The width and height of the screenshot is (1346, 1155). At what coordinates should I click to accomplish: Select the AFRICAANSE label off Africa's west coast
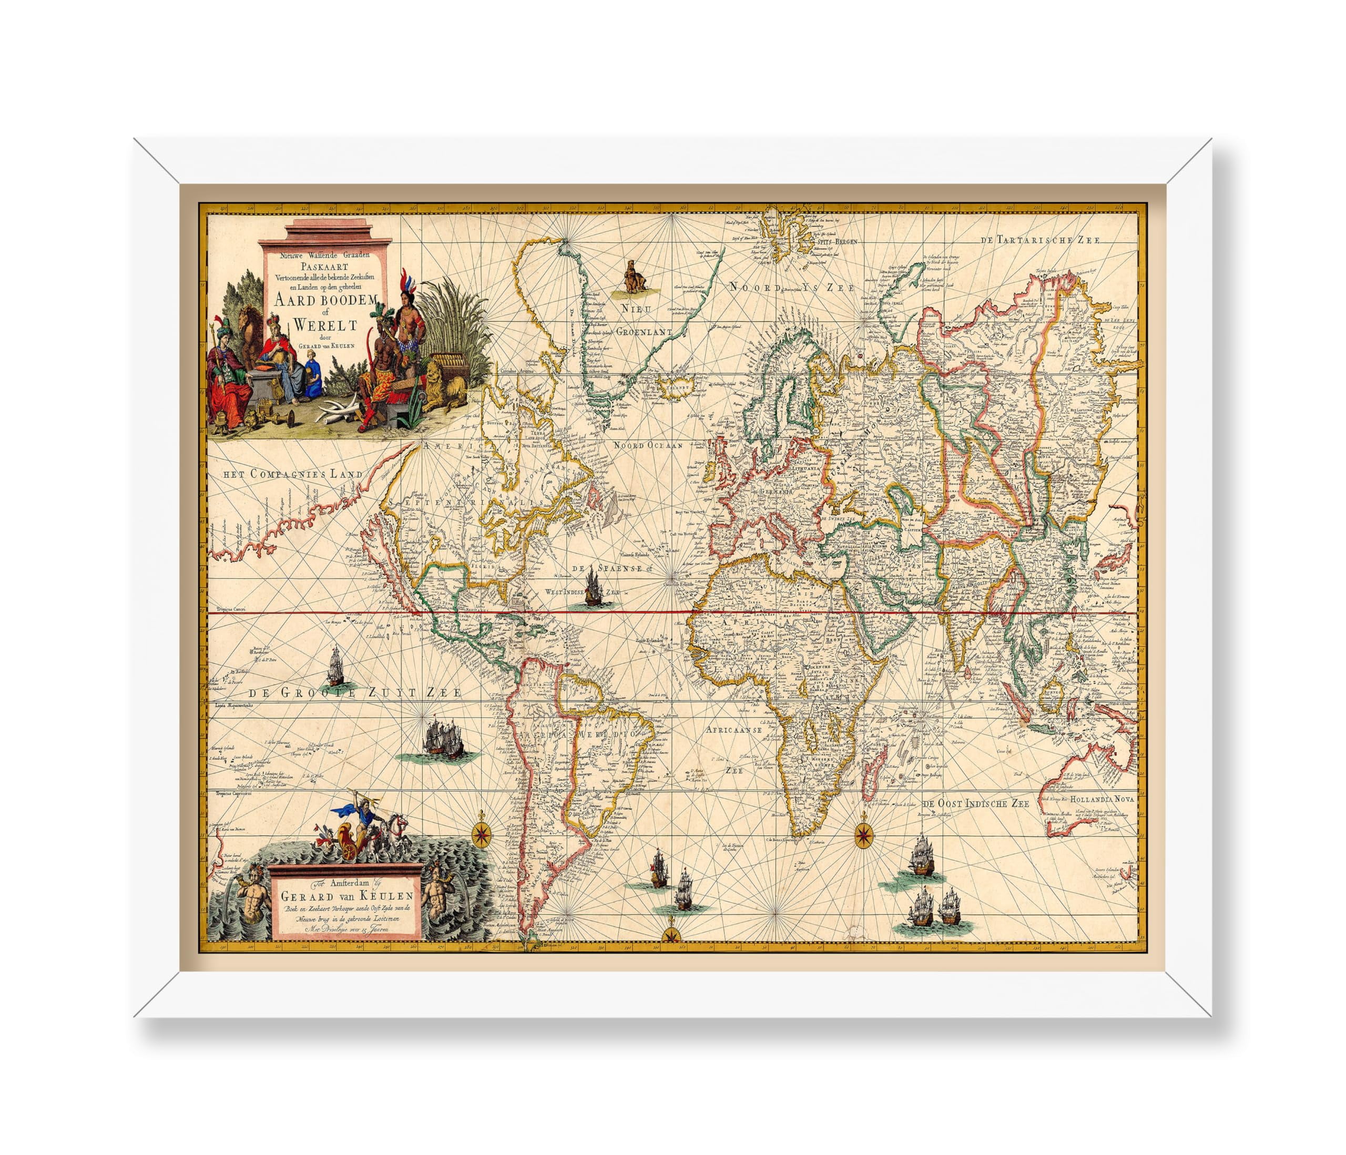pos(733,730)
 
